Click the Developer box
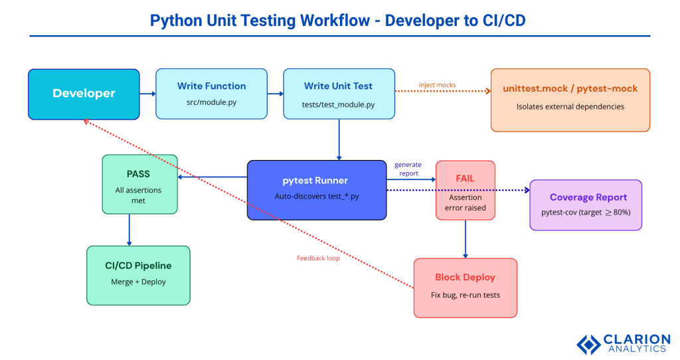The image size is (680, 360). [x=84, y=94]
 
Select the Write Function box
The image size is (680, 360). [x=211, y=94]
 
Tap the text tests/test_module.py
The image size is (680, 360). [x=339, y=104]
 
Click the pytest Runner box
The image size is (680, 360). [x=317, y=189]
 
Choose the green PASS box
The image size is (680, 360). [x=139, y=184]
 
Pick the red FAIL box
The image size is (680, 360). [x=465, y=189]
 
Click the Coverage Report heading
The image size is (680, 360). [x=588, y=197]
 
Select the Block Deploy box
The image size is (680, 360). [x=465, y=287]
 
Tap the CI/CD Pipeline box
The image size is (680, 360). [x=138, y=275]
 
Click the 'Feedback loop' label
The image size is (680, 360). [x=318, y=258]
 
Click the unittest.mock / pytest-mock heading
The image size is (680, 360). [x=570, y=88]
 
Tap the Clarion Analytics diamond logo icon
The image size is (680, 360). [x=588, y=343]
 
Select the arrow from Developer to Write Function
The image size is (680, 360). [x=147, y=94]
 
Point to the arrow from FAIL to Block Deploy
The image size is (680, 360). [x=465, y=238]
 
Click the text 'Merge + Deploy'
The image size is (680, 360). [x=138, y=282]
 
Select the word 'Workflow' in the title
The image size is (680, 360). [x=336, y=21]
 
